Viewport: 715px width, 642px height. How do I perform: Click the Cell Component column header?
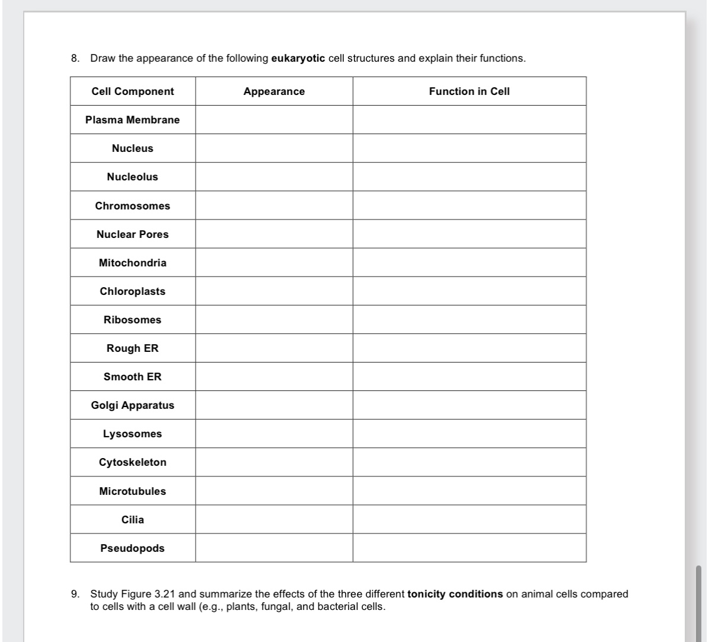tap(133, 91)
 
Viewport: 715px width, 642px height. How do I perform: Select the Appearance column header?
tap(274, 91)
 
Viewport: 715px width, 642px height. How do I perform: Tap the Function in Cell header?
tap(469, 91)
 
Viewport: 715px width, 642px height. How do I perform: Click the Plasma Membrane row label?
tap(133, 120)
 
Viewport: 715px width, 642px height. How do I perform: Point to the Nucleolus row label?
tap(133, 177)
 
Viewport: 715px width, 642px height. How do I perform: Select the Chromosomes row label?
tap(133, 206)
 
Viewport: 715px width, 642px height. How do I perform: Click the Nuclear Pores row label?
tap(133, 234)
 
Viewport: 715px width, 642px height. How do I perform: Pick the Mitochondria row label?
tap(133, 263)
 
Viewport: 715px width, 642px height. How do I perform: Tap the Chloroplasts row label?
tap(133, 291)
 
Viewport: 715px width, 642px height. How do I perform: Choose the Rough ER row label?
tap(133, 348)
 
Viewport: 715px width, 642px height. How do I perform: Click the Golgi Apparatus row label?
tap(133, 405)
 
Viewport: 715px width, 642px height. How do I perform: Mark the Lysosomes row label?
tap(133, 434)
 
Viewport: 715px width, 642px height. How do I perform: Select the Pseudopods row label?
tap(133, 548)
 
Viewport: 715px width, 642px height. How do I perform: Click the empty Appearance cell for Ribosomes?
tap(274, 320)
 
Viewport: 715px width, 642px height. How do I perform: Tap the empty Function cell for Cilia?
tap(469, 520)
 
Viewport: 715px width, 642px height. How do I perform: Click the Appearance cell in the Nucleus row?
tap(274, 148)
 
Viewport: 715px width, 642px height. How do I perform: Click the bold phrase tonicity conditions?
tap(455, 594)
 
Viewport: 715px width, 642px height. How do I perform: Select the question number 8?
tap(74, 59)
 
